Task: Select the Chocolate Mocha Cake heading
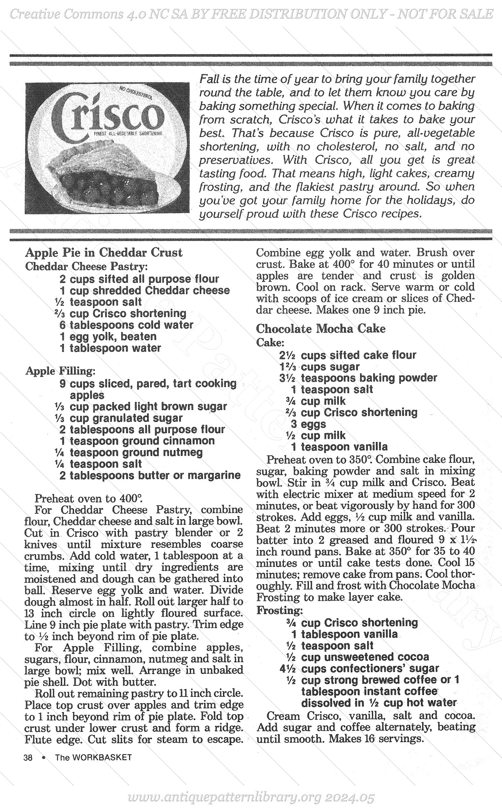point(321,328)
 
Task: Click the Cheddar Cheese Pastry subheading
point(86,266)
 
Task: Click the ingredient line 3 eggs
point(308,424)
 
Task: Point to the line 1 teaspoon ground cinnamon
point(137,441)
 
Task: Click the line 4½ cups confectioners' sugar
point(359,668)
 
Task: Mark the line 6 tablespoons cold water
point(126,325)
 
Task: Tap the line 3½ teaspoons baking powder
point(358,378)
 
